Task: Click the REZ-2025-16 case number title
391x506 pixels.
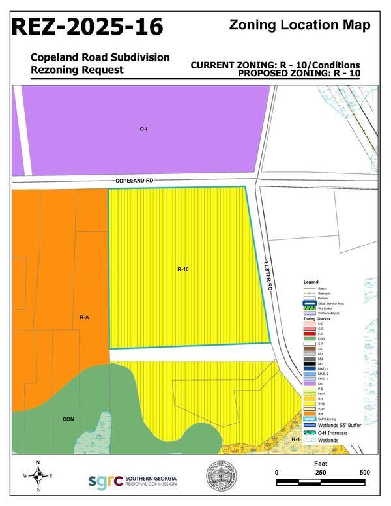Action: coord(87,27)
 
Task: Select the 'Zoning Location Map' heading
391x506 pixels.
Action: coord(300,25)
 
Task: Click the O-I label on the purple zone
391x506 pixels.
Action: coord(143,129)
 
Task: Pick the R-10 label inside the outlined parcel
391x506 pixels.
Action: coord(182,269)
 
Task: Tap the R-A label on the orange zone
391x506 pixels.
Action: coord(84,317)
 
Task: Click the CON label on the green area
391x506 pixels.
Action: coord(68,418)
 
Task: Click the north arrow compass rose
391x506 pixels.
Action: coord(38,476)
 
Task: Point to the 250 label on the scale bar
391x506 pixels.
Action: coord(320,473)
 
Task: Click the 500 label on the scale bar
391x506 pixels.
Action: coord(364,473)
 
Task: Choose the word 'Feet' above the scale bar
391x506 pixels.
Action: coord(320,460)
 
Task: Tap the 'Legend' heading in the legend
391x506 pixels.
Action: coord(310,282)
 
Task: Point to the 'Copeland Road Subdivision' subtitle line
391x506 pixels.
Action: coord(100,57)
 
